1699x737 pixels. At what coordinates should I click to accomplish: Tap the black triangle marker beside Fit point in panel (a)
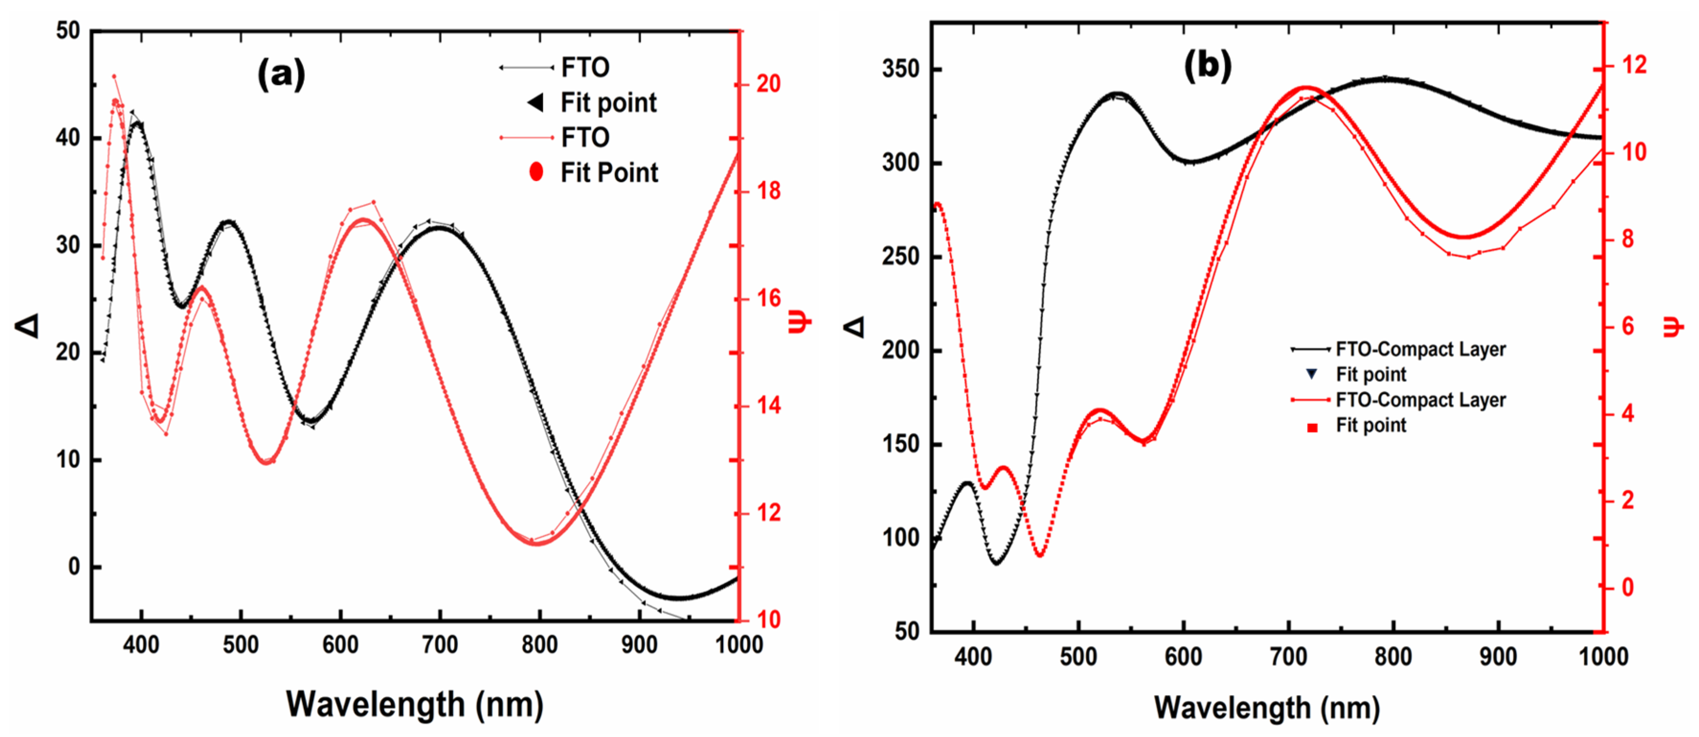click(x=536, y=102)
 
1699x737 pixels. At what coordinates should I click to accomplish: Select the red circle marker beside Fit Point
click(x=536, y=172)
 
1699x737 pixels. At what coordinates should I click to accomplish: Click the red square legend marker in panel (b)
click(x=1312, y=428)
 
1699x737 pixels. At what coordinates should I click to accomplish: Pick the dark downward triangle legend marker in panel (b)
click(x=1312, y=374)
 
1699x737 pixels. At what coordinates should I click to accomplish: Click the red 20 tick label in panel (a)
click(x=768, y=84)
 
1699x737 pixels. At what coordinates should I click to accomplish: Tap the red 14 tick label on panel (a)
click(x=768, y=405)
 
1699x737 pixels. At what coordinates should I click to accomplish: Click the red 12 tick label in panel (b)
click(x=1634, y=65)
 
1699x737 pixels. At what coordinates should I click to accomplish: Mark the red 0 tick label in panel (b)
click(x=1627, y=587)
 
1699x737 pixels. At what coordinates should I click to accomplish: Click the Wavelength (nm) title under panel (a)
click(x=414, y=704)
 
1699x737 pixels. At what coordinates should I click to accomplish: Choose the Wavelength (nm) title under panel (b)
click(x=1266, y=707)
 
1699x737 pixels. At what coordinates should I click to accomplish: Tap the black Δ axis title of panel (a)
click(x=28, y=325)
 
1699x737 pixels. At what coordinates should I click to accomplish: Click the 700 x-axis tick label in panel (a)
click(x=440, y=644)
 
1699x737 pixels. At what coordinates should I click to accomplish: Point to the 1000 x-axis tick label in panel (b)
click(x=1603, y=656)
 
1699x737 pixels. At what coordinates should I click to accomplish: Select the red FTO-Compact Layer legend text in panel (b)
click(x=1420, y=400)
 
